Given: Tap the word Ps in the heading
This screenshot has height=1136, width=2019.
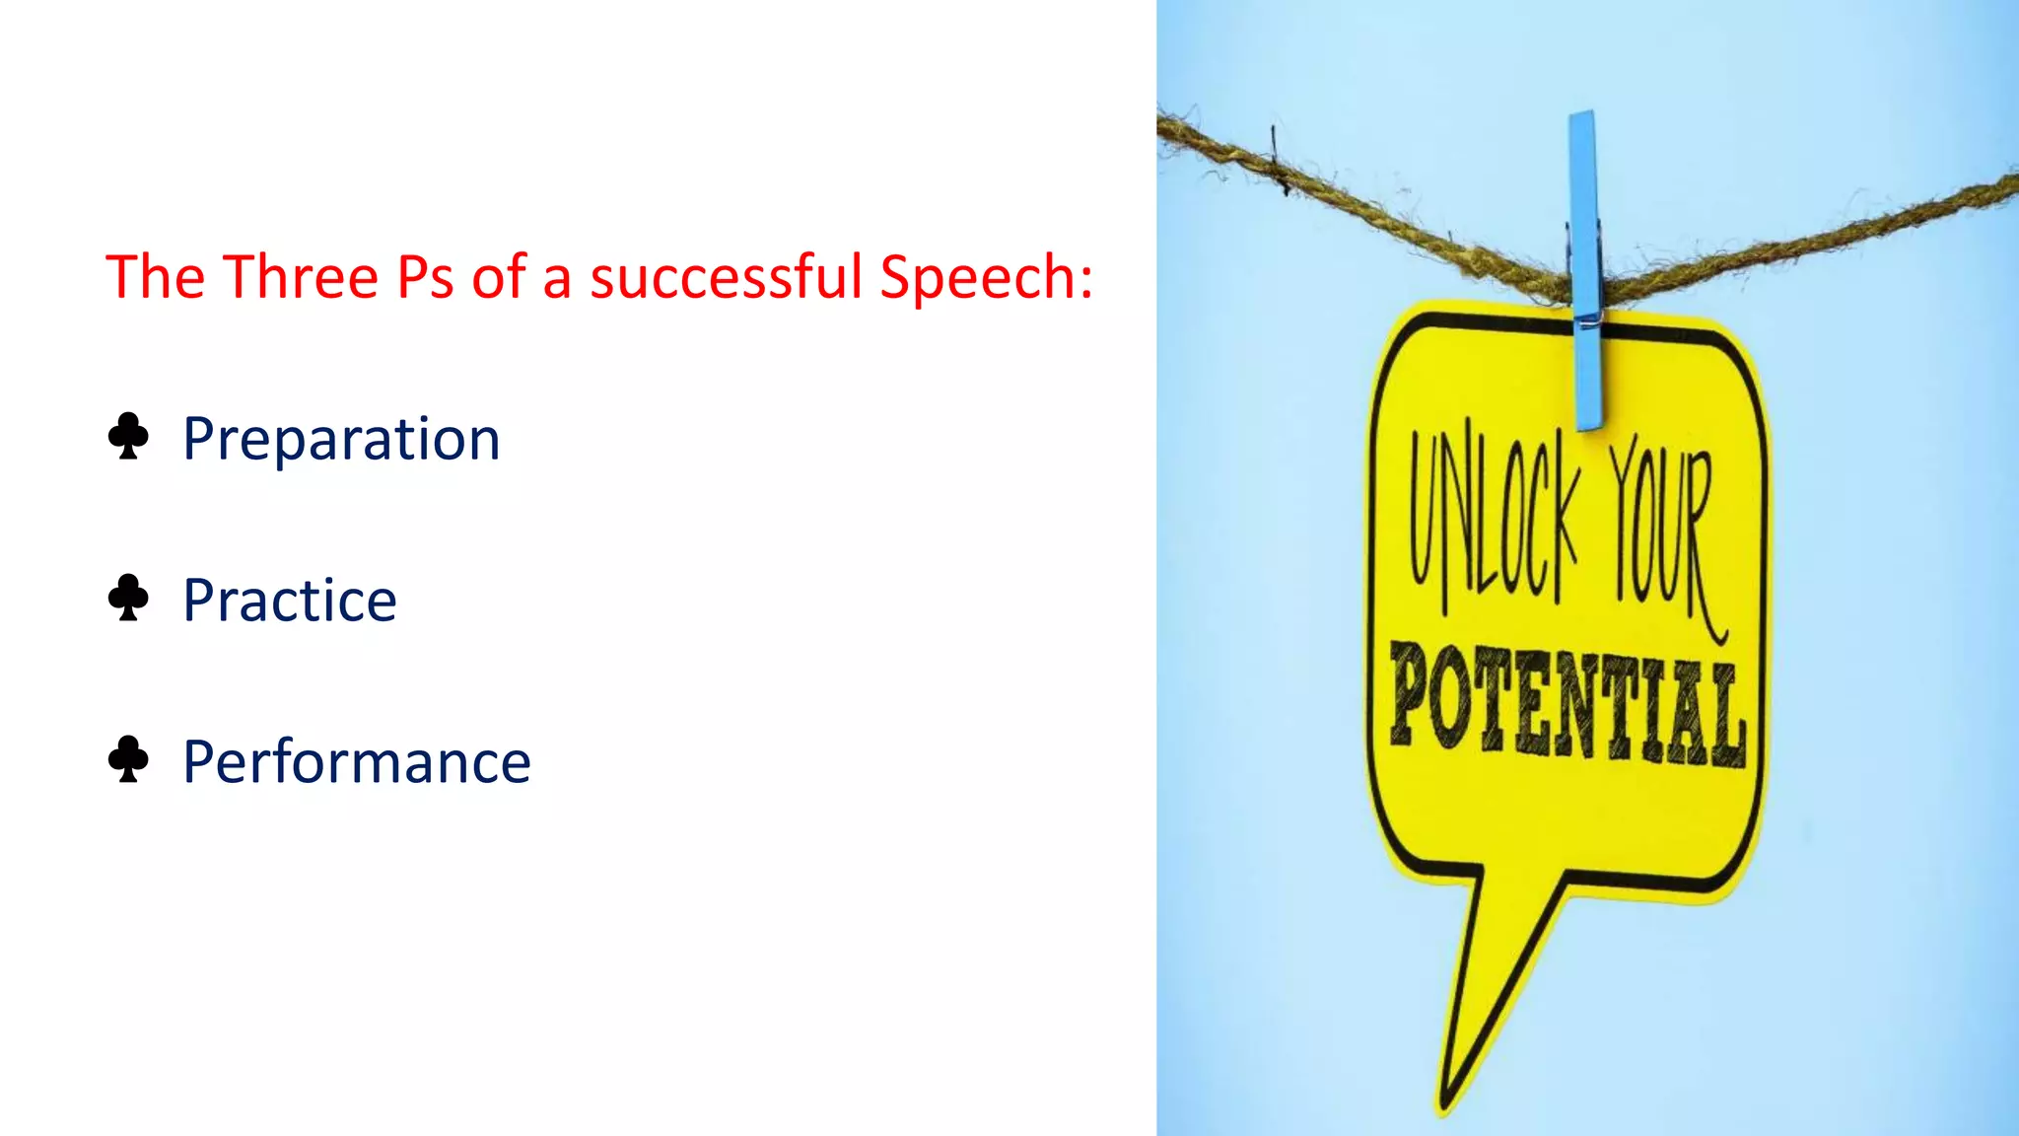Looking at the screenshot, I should pos(425,277).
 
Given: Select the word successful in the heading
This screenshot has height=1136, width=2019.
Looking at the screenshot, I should pos(726,277).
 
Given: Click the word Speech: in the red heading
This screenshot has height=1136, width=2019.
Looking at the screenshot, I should pos(986,279).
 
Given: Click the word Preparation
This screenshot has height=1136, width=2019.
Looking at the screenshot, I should pos(341,440).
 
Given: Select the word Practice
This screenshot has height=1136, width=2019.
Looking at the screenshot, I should pos(290,601).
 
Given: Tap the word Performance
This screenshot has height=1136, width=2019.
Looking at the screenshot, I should pos(357,762).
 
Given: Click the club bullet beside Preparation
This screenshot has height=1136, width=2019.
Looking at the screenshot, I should pos(128,437).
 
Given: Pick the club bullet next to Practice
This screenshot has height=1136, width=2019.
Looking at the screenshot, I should pos(128,598).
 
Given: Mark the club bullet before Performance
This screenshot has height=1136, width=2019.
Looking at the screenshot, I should pos(128,759).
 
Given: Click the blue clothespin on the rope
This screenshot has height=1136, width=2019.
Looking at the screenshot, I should pos(1586,266).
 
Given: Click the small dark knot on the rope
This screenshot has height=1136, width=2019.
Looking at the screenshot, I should pos(1279,163).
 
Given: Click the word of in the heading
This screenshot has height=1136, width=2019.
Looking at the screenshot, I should pos(499,277).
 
